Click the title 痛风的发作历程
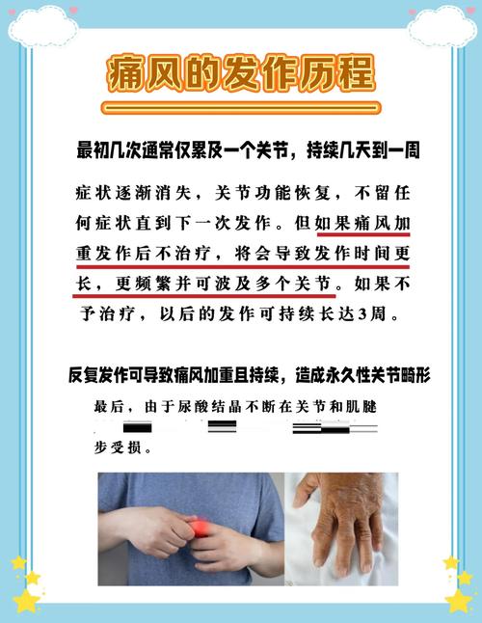pyautogui.click(x=241, y=73)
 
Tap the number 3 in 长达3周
pyautogui.click(x=361, y=315)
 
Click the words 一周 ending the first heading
pyautogui.click(x=400, y=151)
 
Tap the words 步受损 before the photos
pyautogui.click(x=115, y=448)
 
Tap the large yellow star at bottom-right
pyautogui.click(x=459, y=597)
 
